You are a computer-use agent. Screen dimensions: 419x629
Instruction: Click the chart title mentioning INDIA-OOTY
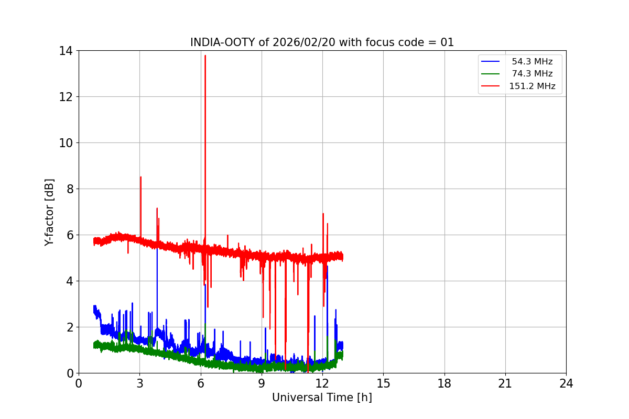[x=322, y=42]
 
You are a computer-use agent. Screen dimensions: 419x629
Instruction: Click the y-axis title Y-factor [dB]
[x=49, y=212]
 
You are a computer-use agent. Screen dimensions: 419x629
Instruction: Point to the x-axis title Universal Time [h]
[x=322, y=398]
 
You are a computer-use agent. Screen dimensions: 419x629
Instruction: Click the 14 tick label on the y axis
[x=66, y=51]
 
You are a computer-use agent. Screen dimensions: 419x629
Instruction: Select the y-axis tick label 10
[x=66, y=143]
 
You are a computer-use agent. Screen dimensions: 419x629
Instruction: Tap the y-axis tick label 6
[x=69, y=235]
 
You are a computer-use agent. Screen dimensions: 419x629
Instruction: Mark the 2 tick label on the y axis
[x=69, y=327]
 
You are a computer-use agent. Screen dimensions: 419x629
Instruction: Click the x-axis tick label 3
[x=139, y=383]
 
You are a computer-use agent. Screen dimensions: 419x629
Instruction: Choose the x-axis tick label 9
[x=262, y=383]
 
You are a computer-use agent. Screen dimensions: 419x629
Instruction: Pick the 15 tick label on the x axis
[x=383, y=383]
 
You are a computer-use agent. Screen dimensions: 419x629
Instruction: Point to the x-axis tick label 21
[x=505, y=383]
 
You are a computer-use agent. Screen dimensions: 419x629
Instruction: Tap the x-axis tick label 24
[x=566, y=383]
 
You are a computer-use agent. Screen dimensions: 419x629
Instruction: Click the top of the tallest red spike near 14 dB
[x=205, y=56]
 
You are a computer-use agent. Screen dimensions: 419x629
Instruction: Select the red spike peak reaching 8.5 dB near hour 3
[x=140, y=177]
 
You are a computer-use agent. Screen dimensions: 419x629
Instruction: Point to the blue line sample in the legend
[x=491, y=61]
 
